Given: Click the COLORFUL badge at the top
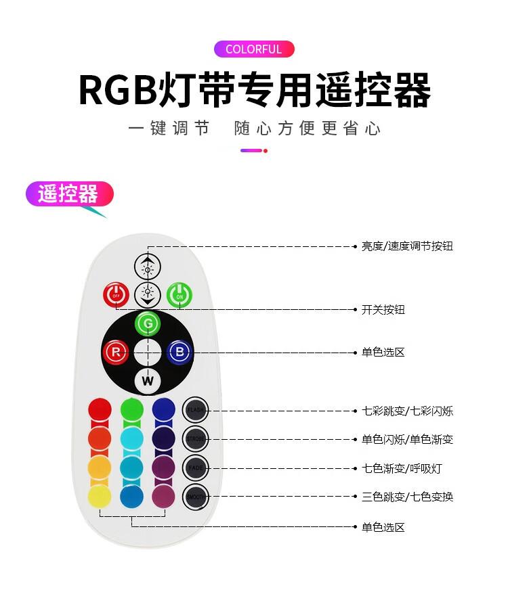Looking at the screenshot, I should [254, 49].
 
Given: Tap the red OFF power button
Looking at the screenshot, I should [115, 295].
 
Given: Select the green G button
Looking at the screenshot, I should [148, 324].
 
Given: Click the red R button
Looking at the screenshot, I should [115, 352].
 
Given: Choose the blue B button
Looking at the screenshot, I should [179, 352].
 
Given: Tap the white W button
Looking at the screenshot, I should [148, 380].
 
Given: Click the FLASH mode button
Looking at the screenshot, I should [195, 409].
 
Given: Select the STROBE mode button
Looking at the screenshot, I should [195, 438].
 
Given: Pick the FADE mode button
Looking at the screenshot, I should [195, 468].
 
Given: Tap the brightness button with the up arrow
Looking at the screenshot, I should [147, 267].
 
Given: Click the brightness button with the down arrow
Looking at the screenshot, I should [147, 294].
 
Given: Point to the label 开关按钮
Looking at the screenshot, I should [383, 310].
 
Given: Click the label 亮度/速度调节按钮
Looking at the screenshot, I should [406, 246].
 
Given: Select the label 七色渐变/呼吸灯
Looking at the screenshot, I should [402, 468].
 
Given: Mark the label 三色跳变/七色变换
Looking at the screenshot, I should [407, 497].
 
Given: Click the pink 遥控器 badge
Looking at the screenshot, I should [68, 194].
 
